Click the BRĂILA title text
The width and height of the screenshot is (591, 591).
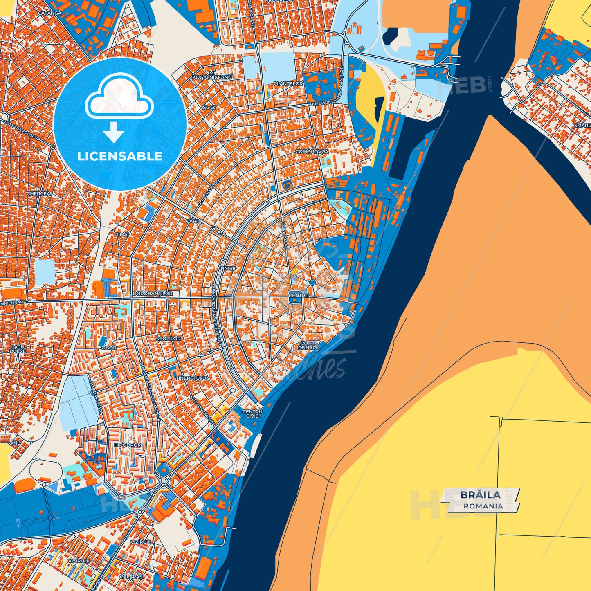pyautogui.click(x=480, y=495)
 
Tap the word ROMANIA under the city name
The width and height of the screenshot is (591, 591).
pyautogui.click(x=483, y=506)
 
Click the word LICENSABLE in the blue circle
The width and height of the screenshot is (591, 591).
pyautogui.click(x=120, y=156)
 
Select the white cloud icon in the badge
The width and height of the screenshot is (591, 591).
pyautogui.click(x=119, y=97)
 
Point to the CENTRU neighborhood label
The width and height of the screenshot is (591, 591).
pyautogui.click(x=298, y=295)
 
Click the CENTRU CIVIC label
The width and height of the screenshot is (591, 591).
pyautogui.click(x=252, y=414)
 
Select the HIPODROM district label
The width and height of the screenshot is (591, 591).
pyautogui.click(x=128, y=445)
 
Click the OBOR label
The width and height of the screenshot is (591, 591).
pyautogui.click(x=109, y=348)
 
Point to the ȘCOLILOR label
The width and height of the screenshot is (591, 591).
pyautogui.click(x=168, y=339)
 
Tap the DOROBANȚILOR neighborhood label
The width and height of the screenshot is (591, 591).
pyautogui.click(x=153, y=294)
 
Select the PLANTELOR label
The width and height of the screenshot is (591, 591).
pyautogui.click(x=288, y=83)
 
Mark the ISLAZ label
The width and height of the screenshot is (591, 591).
pyautogui.click(x=208, y=107)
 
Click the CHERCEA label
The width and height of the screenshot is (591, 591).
pyautogui.click(x=38, y=193)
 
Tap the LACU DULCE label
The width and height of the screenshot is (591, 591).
pyautogui.click(x=18, y=349)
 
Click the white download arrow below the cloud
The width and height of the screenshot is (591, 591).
pyautogui.click(x=114, y=131)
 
